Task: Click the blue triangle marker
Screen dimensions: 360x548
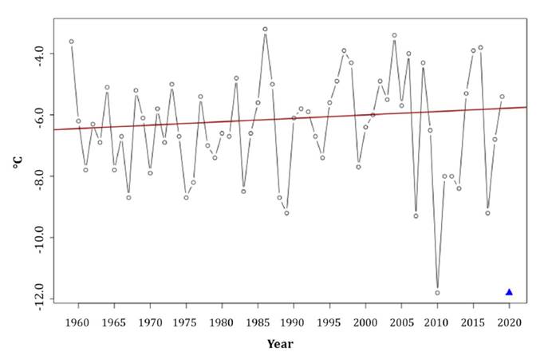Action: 509,292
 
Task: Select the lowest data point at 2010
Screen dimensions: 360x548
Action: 437,293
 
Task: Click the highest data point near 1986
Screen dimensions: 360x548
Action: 265,29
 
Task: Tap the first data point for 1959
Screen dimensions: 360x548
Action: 71,42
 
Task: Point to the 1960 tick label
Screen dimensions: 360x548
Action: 77,323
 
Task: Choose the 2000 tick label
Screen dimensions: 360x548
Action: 365,323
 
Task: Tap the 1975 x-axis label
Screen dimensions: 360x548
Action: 186,323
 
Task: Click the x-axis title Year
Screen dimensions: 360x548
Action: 280,344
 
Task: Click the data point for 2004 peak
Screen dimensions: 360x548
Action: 394,35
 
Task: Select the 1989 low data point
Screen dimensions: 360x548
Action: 286,213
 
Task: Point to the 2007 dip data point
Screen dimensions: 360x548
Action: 416,216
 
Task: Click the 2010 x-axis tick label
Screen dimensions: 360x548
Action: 437,323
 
